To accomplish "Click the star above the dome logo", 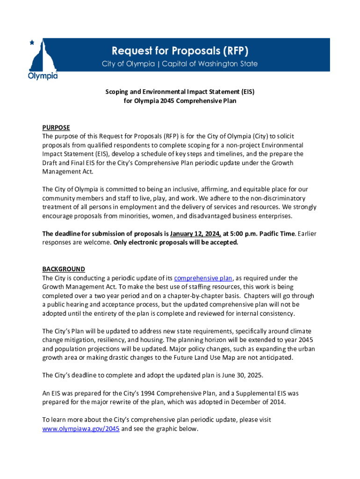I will coord(32,43).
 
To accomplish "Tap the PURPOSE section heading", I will coord(56,128).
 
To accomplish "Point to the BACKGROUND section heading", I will coord(64,269).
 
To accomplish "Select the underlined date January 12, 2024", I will coord(195,233).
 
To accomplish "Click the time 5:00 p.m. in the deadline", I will coord(243,233).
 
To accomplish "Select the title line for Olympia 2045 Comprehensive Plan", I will coord(180,100).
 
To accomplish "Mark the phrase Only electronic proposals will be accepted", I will coord(176,242).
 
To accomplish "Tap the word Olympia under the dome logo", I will coord(43,76).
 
